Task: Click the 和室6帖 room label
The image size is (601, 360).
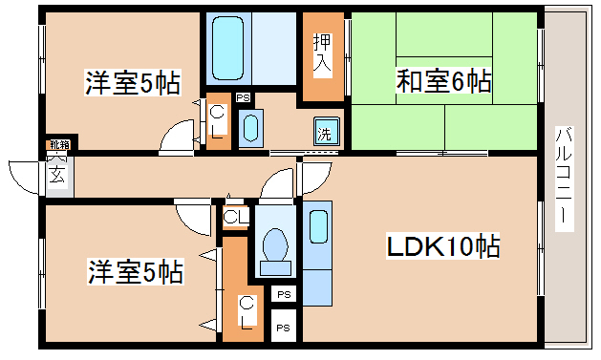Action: click(443, 82)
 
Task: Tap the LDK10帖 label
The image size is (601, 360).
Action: click(443, 246)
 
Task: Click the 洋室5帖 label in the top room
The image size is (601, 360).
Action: click(132, 82)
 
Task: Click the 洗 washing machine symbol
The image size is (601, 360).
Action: click(326, 134)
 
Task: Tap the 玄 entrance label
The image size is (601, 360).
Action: click(57, 176)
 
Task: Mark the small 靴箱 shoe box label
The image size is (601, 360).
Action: click(59, 145)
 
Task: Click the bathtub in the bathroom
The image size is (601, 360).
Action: click(229, 48)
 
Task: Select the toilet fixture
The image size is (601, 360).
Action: click(275, 244)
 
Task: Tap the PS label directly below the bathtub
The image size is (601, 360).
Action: click(244, 97)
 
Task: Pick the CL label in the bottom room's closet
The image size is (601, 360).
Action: click(246, 310)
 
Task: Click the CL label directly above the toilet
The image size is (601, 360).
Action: click(235, 217)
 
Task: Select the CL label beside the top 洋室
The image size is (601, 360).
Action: click(218, 121)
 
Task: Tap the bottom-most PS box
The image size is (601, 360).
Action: click(283, 327)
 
